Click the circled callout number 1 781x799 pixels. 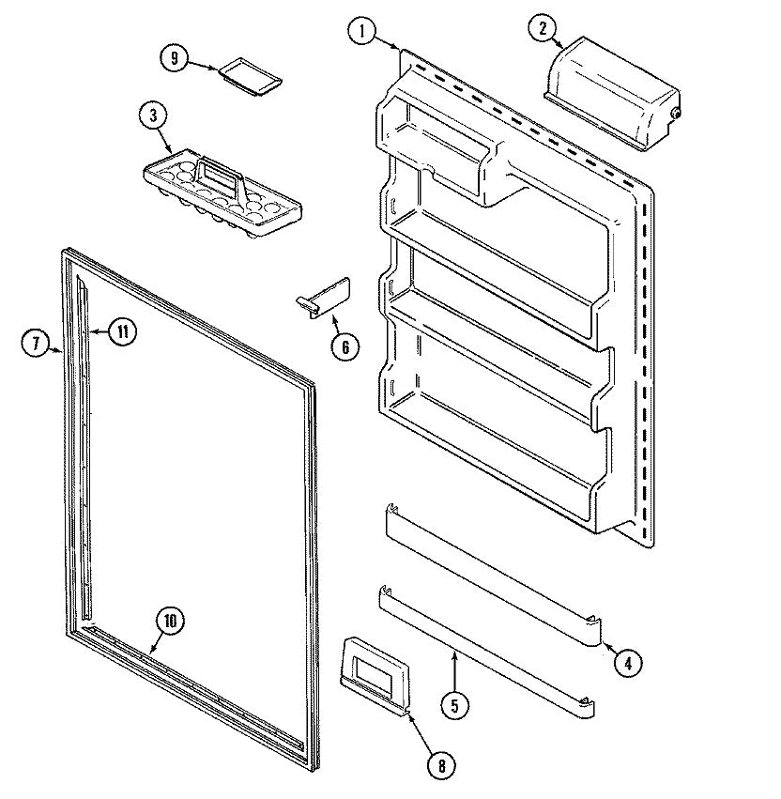coord(362,31)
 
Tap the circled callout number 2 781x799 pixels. coord(543,28)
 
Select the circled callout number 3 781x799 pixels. coord(154,115)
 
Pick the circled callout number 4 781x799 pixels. coord(628,663)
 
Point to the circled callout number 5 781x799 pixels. coord(454,706)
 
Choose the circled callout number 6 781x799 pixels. coord(345,347)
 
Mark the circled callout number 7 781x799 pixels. coord(36,342)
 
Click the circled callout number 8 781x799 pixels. coord(441,765)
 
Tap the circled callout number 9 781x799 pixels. coord(175,58)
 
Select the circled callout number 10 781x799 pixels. coord(170,621)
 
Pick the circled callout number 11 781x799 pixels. coord(123,331)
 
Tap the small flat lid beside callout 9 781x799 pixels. coord(251,76)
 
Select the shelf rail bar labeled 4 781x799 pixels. coord(493,576)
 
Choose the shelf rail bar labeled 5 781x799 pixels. coord(486,653)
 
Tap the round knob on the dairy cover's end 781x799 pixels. coord(676,114)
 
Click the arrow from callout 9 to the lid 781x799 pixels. coord(204,65)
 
